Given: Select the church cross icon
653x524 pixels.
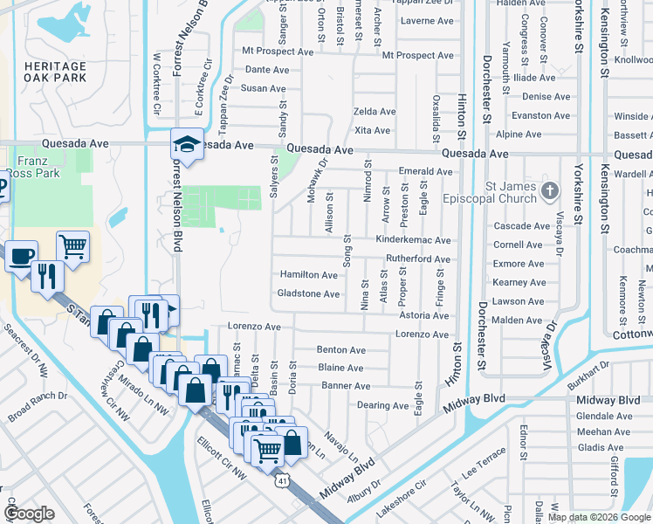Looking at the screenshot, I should pyautogui.click(x=550, y=190).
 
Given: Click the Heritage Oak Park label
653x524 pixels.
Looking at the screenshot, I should pyautogui.click(x=55, y=72).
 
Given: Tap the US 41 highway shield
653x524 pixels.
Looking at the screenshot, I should pyautogui.click(x=281, y=479).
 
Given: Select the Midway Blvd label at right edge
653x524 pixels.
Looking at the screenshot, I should pyautogui.click(x=609, y=400).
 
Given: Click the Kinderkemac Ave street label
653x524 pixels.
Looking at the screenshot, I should pyautogui.click(x=413, y=240).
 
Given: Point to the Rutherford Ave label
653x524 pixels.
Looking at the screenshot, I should pyautogui.click(x=418, y=259).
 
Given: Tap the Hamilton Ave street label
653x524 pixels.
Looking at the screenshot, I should pyautogui.click(x=308, y=275).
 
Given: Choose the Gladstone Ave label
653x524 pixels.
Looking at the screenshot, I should pyautogui.click(x=307, y=294).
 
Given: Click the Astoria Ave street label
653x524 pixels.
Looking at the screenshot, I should pyautogui.click(x=423, y=315).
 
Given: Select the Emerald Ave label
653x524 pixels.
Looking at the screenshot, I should pyautogui.click(x=425, y=172).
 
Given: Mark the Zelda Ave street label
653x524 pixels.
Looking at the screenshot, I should pyautogui.click(x=374, y=112).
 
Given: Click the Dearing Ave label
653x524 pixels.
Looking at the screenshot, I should pyautogui.click(x=382, y=406).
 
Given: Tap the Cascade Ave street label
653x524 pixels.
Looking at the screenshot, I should pyautogui.click(x=520, y=226).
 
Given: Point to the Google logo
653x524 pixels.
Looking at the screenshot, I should pyautogui.click(x=30, y=514).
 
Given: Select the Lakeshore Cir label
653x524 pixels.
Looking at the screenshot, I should pyautogui.click(x=401, y=498).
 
